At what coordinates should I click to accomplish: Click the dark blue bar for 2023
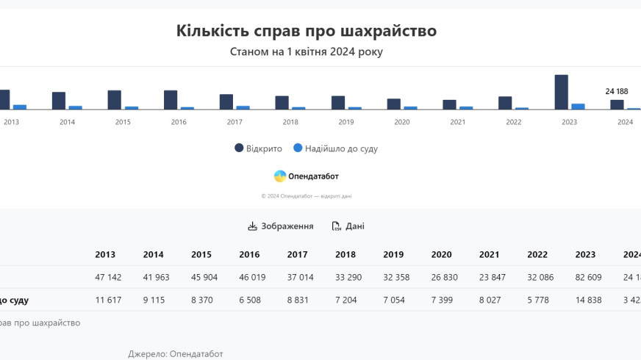pos(561,92)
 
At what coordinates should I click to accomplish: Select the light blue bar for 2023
pos(578,107)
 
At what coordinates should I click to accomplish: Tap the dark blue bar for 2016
pos(171,100)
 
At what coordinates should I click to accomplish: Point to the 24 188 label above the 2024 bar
pos(616,92)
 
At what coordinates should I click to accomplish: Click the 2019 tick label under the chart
pos(346,122)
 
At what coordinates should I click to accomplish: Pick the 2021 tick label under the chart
pos(458,122)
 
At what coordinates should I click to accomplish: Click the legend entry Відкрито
pos(259,148)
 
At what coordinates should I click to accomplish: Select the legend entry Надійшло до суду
pos(336,148)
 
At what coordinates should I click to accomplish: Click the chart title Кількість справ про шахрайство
pos(307,31)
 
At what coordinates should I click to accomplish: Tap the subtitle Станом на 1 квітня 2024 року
pos(307,52)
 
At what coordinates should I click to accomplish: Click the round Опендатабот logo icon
pos(280,176)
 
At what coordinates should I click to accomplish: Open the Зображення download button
pos(281,226)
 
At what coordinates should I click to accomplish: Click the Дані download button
pos(348,226)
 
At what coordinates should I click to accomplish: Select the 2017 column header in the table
pos(297,255)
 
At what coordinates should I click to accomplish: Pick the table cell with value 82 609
pos(585,278)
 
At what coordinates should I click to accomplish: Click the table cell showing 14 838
pos(585,300)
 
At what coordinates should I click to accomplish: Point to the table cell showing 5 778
pos(537,300)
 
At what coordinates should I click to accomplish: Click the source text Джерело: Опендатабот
pos(175,354)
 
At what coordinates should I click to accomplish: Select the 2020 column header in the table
pos(441,255)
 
